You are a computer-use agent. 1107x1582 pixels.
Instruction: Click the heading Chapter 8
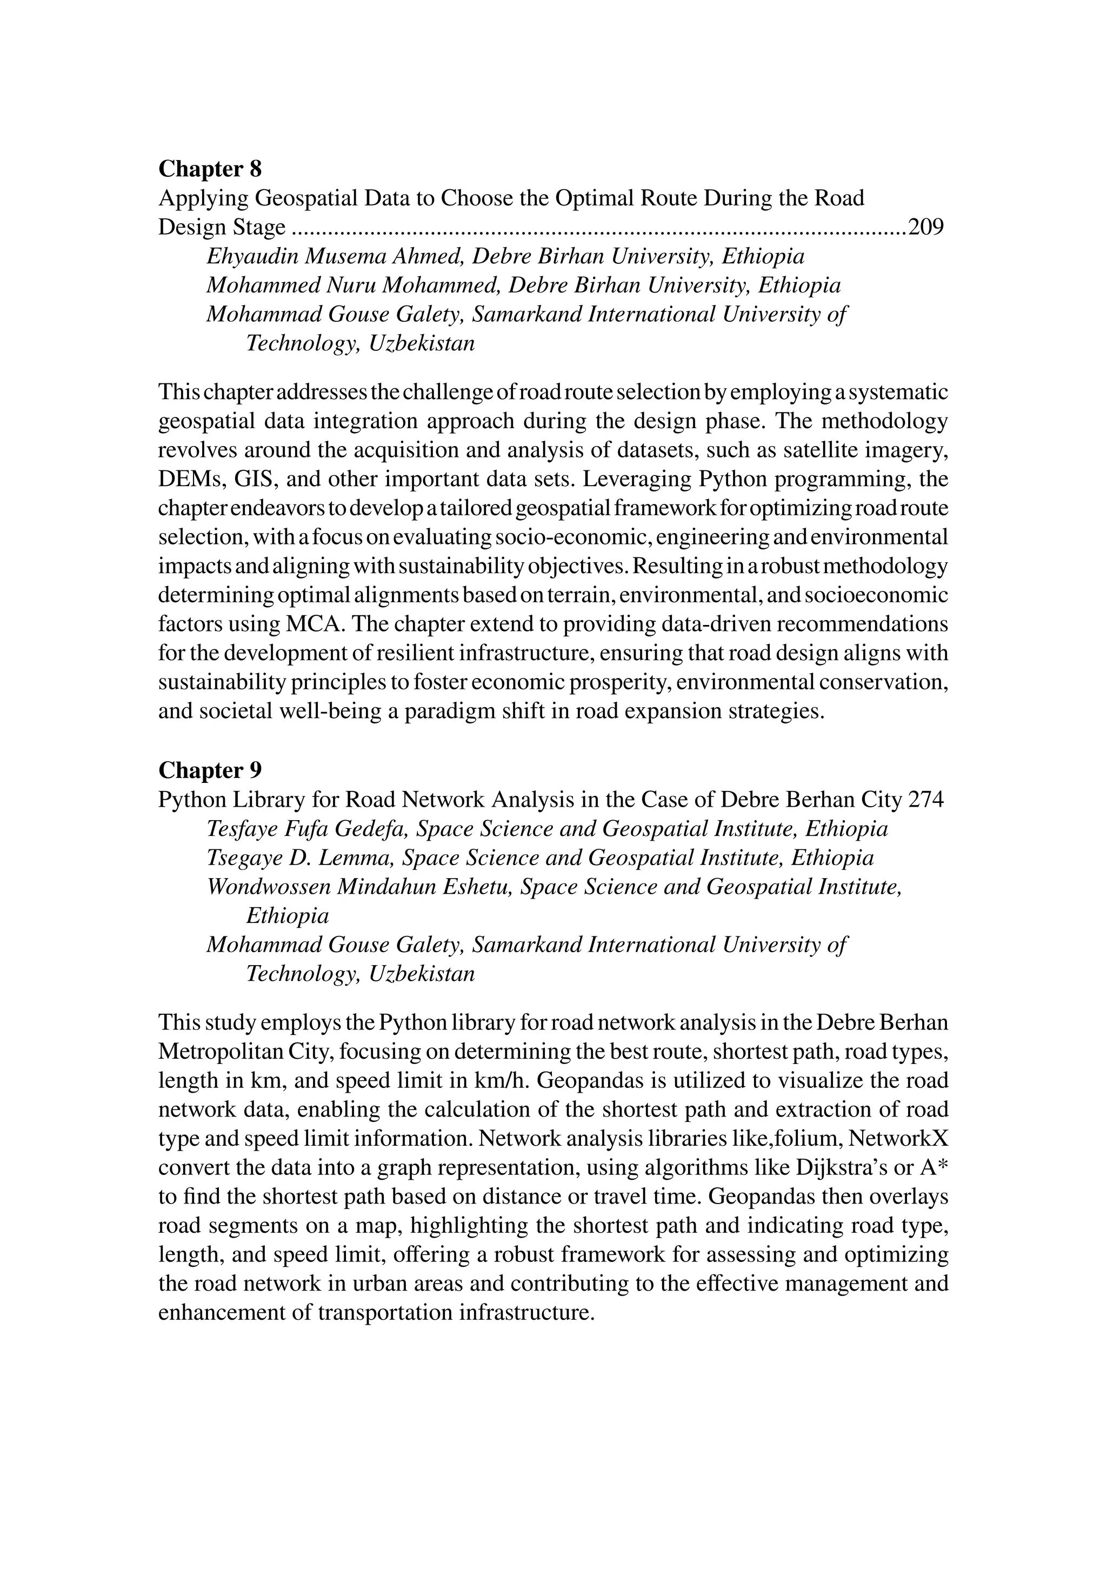[x=210, y=169]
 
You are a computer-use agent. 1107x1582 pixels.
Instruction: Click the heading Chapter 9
[x=210, y=769]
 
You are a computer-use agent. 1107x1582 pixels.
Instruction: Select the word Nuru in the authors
[x=351, y=285]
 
